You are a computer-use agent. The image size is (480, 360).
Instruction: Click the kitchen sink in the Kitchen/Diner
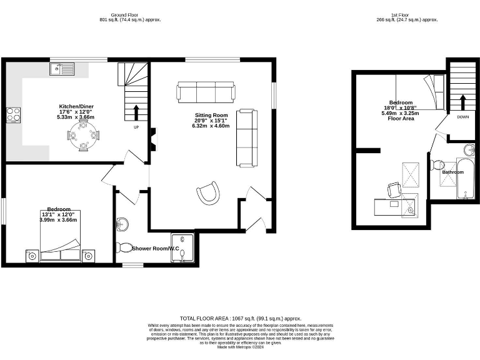(x=64, y=68)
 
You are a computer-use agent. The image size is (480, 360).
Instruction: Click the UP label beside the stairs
(x=136, y=127)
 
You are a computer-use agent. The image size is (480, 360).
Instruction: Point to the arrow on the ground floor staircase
(x=136, y=112)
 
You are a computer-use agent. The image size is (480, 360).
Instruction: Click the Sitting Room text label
(x=211, y=116)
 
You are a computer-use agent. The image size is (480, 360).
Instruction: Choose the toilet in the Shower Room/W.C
(x=124, y=247)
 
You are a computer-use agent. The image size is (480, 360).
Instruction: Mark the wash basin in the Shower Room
(x=122, y=224)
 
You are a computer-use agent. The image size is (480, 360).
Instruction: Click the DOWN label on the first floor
(x=462, y=117)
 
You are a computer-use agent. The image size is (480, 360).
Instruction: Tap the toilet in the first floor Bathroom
(x=438, y=164)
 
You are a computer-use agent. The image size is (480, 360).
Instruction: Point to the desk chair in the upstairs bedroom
(x=394, y=189)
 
